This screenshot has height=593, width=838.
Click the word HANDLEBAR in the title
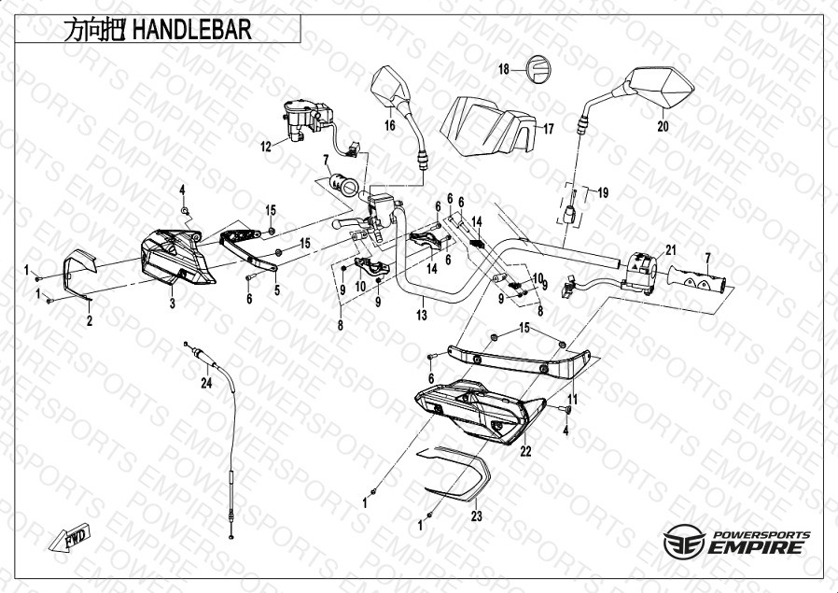click(x=191, y=30)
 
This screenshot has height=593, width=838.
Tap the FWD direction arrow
click(x=70, y=537)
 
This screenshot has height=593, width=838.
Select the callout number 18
click(x=504, y=69)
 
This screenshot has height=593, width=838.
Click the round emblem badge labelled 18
click(x=538, y=69)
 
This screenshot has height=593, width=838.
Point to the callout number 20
click(x=663, y=127)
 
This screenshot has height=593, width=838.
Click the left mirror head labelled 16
click(x=391, y=86)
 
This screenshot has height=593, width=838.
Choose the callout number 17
click(x=549, y=129)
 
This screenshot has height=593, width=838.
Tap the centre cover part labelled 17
click(x=487, y=127)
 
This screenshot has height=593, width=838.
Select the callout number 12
click(x=266, y=147)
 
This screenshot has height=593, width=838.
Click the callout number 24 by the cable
click(x=206, y=383)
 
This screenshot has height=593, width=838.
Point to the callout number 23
click(x=476, y=516)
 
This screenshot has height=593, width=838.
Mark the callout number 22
click(x=526, y=451)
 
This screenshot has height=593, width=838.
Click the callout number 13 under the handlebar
click(x=422, y=315)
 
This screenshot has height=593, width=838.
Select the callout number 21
click(x=671, y=250)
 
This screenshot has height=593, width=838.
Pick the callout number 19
click(x=603, y=192)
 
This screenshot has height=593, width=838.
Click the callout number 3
click(x=172, y=304)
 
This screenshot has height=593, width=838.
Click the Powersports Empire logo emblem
click(x=684, y=541)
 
